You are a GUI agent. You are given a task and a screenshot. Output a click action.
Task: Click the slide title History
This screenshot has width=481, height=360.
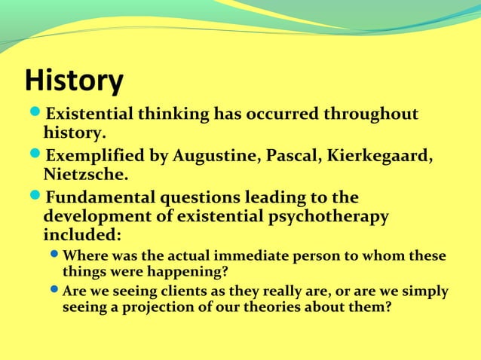coord(74,81)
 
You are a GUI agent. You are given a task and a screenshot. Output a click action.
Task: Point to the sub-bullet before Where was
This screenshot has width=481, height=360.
coord(55,256)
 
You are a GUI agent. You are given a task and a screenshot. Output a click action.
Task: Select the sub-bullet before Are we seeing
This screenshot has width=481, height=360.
coord(55,291)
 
